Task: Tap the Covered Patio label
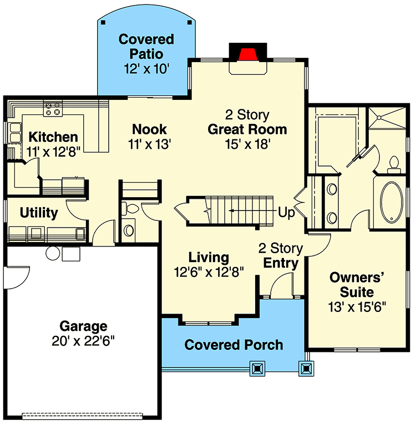[x=146, y=47]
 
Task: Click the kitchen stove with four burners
[x=53, y=108]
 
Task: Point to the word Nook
[x=149, y=129]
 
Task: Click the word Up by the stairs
[x=286, y=212]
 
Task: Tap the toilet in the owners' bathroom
[x=394, y=162]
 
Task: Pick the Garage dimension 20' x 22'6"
[x=84, y=340]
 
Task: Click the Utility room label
[x=39, y=213]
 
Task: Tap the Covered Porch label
[x=234, y=345]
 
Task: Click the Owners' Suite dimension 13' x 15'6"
[x=358, y=306]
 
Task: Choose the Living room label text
[x=209, y=257]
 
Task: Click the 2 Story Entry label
[x=281, y=255]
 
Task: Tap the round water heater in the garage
[x=53, y=253]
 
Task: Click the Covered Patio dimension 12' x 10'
[x=146, y=69]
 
